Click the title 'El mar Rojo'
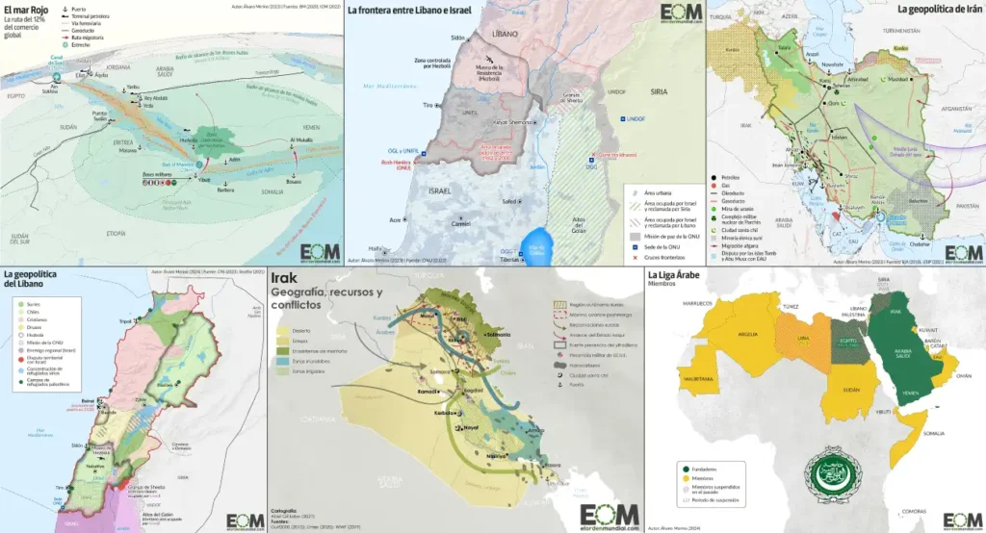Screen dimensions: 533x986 [27, 13]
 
